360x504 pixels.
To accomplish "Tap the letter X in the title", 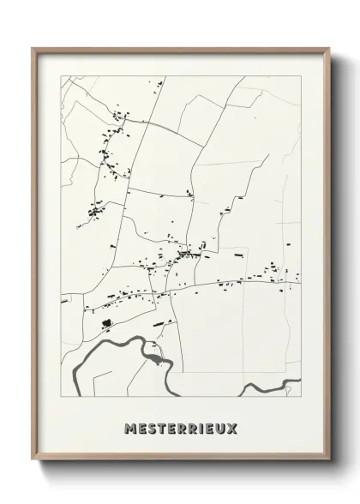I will coord(233,426).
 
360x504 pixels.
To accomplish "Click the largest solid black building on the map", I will coord(106,323).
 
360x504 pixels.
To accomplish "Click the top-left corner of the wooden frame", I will coord(33,48).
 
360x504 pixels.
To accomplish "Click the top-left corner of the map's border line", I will coord(60,76).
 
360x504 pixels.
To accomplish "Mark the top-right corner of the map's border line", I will coord(302,76).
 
